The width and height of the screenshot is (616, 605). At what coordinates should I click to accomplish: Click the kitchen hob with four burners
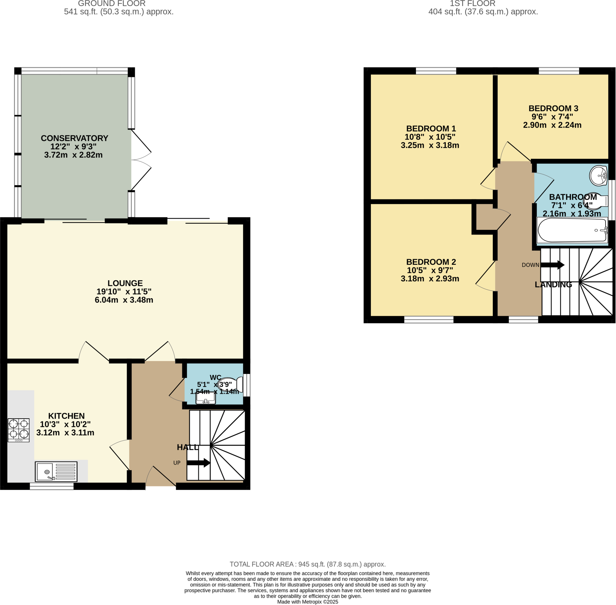(18, 430)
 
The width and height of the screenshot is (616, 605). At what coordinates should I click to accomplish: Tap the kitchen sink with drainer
(56, 472)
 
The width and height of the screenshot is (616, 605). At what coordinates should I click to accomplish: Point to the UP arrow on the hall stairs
(198, 463)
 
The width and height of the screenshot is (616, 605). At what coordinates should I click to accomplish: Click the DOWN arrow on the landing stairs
(552, 265)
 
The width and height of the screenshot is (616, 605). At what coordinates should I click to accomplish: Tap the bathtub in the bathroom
(571, 230)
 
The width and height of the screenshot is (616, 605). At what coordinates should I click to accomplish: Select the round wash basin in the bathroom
(598, 175)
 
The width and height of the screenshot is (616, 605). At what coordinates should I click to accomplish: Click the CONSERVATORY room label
(75, 138)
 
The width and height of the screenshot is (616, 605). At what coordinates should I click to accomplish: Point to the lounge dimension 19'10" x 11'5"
(124, 292)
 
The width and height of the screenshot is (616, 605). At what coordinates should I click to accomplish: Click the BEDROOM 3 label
(553, 108)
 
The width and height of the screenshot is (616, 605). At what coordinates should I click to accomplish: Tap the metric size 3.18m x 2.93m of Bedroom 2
(430, 279)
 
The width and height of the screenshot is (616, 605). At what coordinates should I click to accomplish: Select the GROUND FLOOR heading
(112, 4)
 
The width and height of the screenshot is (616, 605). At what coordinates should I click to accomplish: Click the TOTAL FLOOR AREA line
(307, 564)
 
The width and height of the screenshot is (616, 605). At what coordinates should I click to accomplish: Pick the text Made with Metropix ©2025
(307, 602)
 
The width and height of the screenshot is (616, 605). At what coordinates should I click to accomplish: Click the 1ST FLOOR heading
(472, 4)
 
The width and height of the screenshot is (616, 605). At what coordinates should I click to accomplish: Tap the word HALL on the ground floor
(187, 448)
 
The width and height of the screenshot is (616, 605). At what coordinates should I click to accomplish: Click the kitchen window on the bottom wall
(52, 486)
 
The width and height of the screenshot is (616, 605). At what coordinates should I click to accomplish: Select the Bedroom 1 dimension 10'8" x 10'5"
(430, 137)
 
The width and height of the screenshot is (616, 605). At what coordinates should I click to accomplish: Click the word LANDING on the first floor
(553, 285)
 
